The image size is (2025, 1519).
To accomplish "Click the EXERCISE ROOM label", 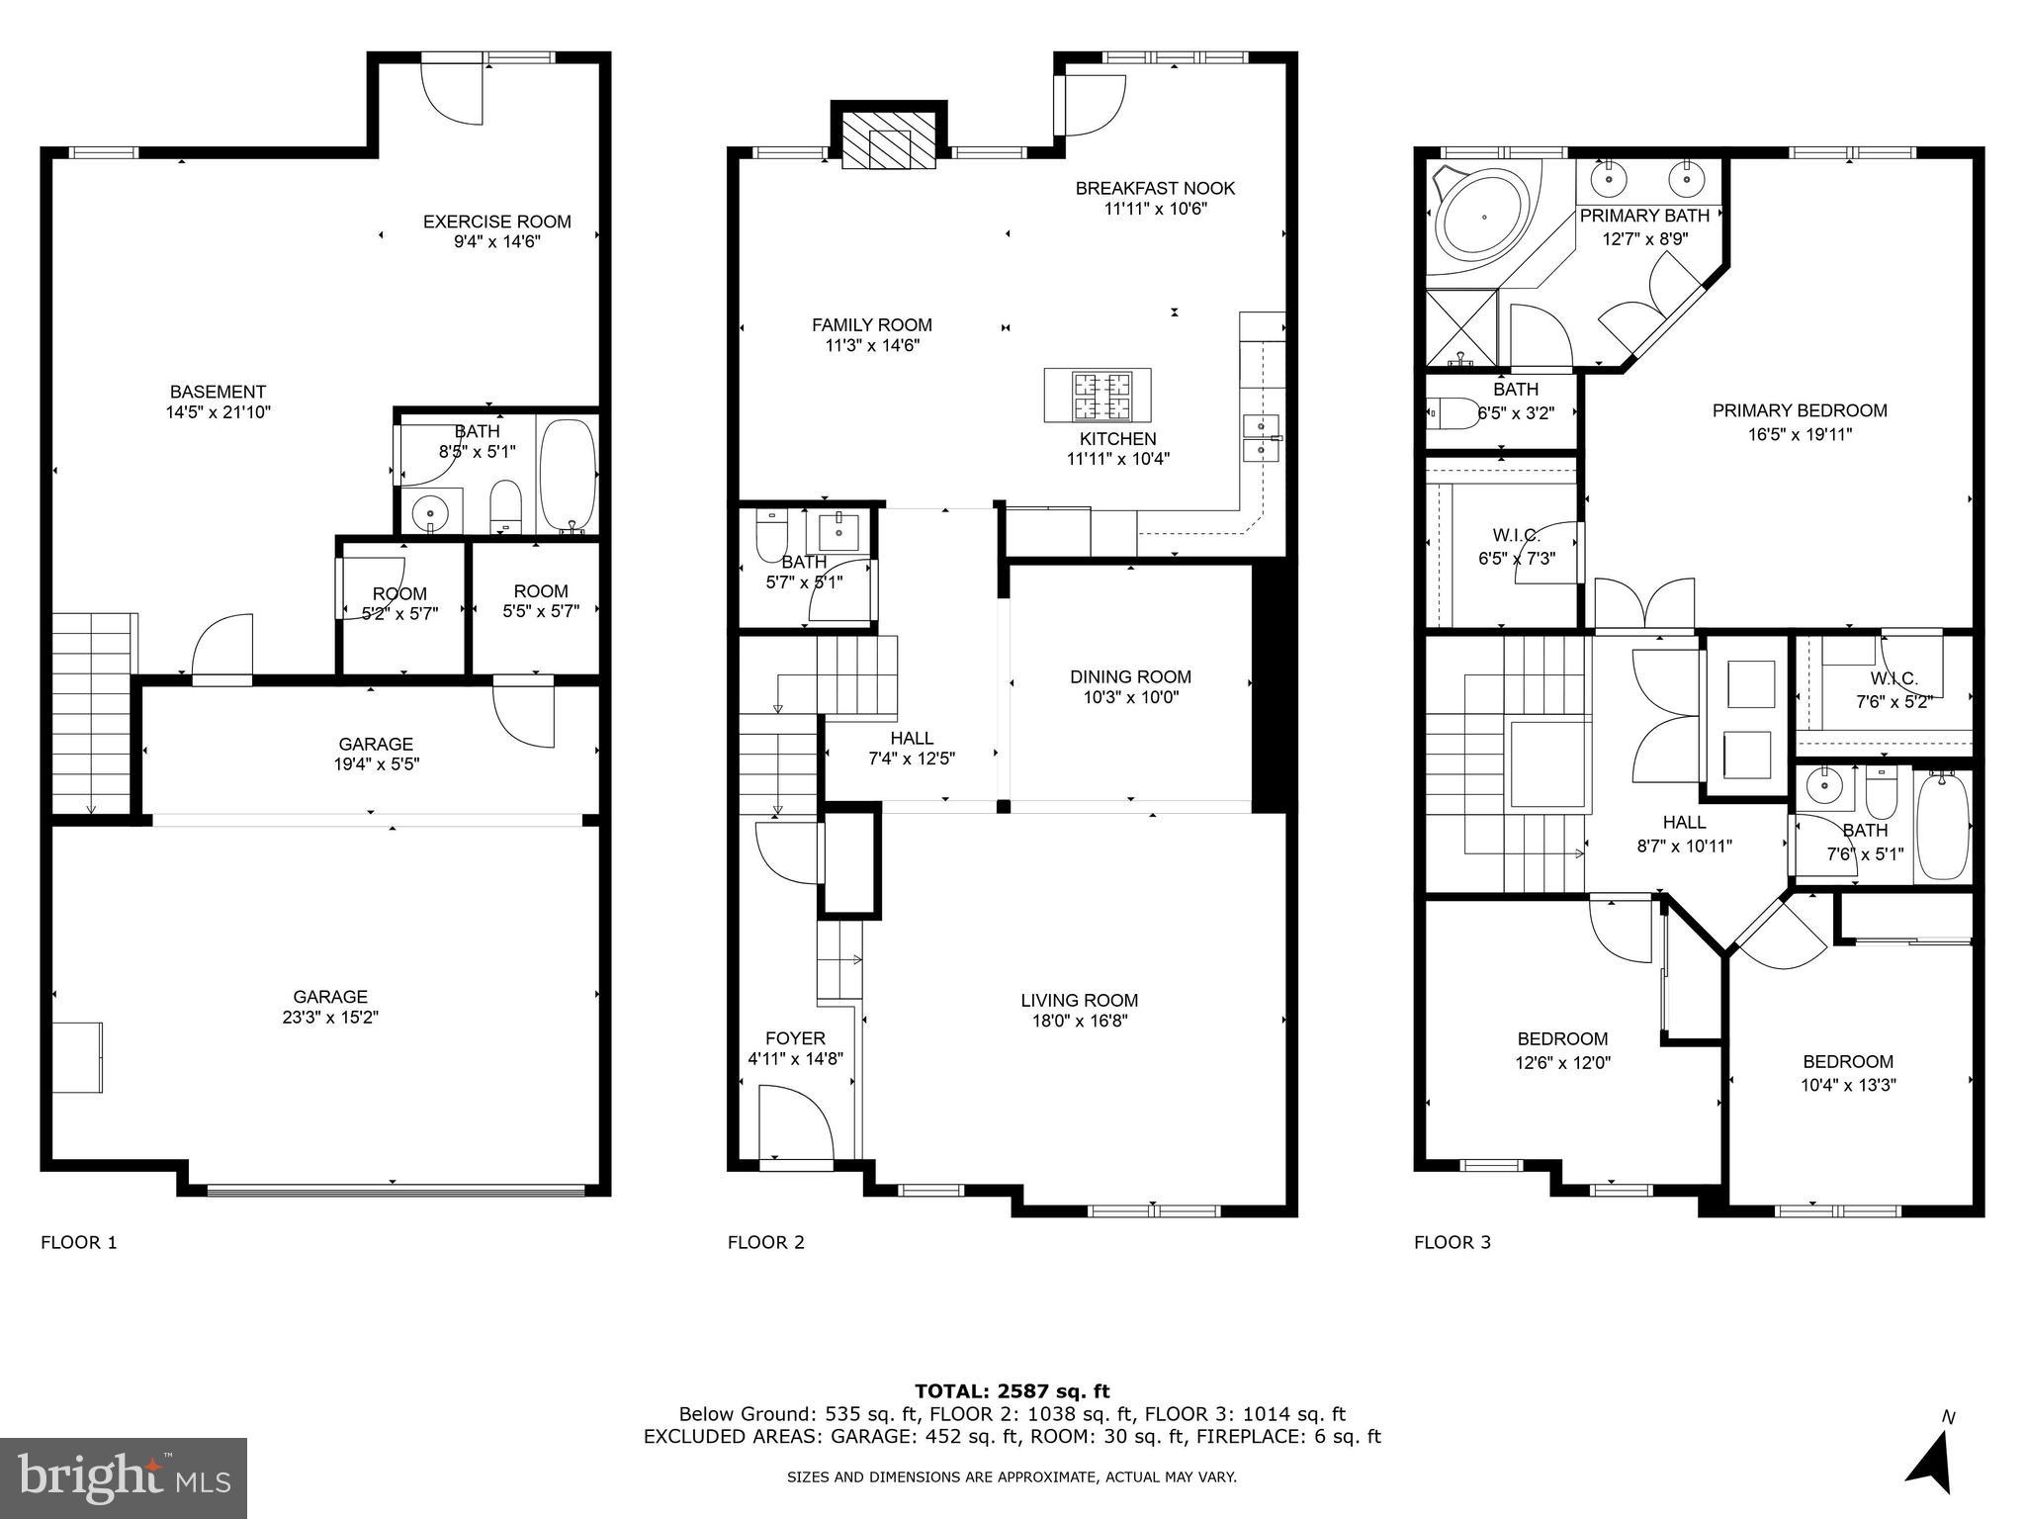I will click(x=496, y=222).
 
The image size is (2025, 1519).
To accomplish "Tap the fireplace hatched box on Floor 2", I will click(x=887, y=149).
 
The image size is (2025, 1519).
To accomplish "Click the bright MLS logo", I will click(x=123, y=1477).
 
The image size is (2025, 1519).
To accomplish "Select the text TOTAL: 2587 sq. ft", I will click(x=1012, y=1391).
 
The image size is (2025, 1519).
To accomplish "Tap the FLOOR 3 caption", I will click(x=1452, y=1242).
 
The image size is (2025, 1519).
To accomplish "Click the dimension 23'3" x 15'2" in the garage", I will click(x=330, y=1018).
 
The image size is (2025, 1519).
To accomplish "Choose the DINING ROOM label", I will click(x=1130, y=676).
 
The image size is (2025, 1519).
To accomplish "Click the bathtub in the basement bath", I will click(x=568, y=476).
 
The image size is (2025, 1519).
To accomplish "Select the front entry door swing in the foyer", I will click(x=794, y=1121).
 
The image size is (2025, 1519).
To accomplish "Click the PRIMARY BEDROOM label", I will click(x=1799, y=410).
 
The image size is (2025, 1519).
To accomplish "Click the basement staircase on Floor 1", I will click(x=91, y=712).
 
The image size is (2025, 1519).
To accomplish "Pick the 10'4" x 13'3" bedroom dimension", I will click(x=1847, y=1084).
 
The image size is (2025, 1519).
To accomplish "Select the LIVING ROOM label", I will click(x=1079, y=1000).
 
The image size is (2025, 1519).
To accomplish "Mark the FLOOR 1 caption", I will click(x=78, y=1242).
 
